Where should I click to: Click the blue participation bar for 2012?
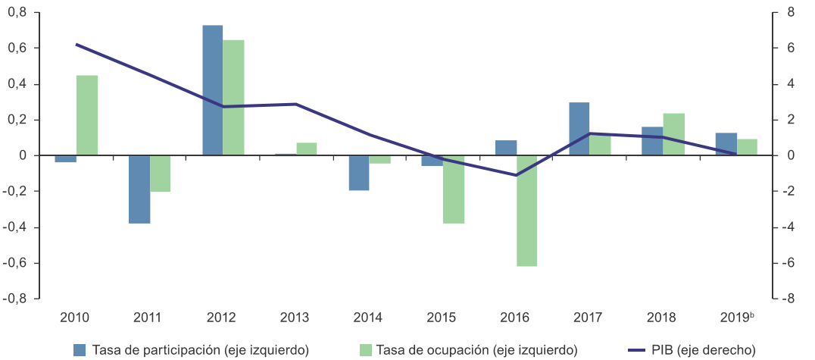pos(212,90)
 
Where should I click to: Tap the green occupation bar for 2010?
pos(87,115)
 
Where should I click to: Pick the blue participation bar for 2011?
pos(139,189)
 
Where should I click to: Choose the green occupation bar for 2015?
pos(454,189)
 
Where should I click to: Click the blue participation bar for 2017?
pos(579,129)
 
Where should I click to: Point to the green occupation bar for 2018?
pos(673,134)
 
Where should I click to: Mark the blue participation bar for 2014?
pos(359,173)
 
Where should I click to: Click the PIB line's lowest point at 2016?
pos(517,175)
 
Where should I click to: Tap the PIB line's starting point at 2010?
pos(77,45)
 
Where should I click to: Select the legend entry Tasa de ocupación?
pos(468,349)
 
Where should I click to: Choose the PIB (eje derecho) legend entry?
pos(692,349)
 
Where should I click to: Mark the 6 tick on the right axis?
pos(785,48)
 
